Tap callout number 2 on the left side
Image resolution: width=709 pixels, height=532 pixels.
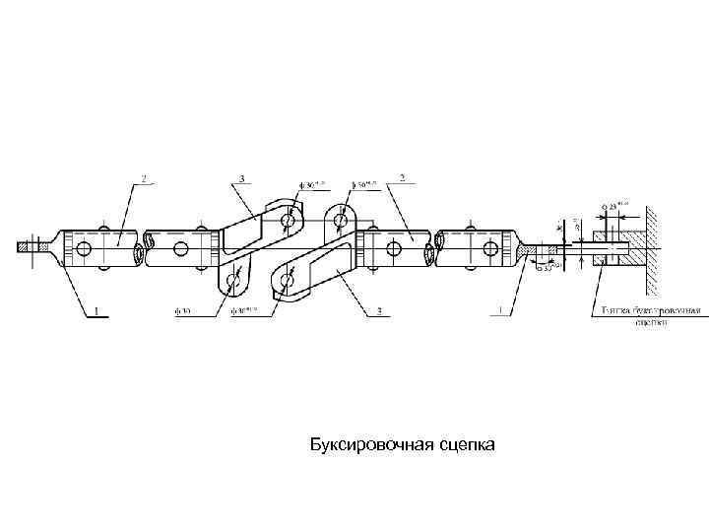144,179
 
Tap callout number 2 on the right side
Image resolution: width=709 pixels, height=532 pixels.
401,179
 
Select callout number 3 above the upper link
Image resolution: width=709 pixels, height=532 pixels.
239,179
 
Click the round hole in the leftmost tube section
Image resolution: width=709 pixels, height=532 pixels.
83,246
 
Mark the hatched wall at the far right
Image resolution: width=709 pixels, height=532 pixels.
651,251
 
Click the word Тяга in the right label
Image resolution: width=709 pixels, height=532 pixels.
612,310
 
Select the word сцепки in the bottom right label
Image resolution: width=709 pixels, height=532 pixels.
651,321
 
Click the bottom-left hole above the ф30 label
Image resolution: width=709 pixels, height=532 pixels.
233,284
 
